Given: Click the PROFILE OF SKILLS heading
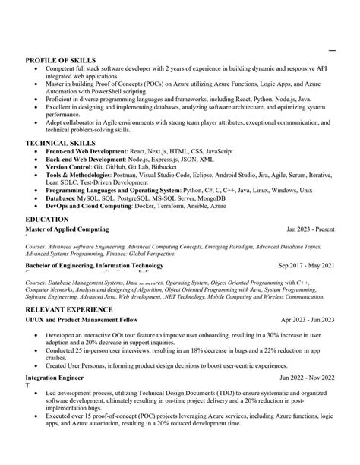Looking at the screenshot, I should pyautogui.click(x=62, y=60).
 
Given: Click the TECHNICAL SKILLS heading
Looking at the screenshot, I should pyautogui.click(x=61, y=143).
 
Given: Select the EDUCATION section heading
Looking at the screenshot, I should pyautogui.click(x=47, y=219).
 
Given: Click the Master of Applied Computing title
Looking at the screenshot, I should pyautogui.click(x=67, y=229).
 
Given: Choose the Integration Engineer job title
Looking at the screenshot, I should pyautogui.click(x=59, y=378).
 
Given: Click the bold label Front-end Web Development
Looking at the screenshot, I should pyautogui.click(x=85, y=152).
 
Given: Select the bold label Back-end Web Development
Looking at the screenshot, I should pyautogui.click(x=84, y=160).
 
